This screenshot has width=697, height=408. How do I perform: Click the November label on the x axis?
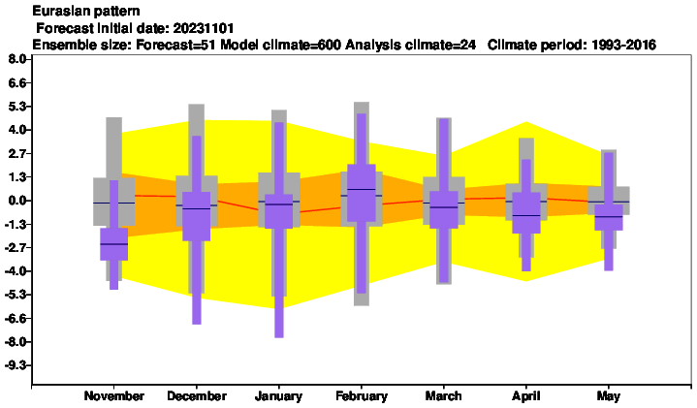click(x=113, y=396)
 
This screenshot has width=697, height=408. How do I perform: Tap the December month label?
click(x=197, y=396)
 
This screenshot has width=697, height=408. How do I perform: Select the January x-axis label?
click(x=279, y=396)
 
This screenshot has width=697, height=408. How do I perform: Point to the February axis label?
click(x=362, y=396)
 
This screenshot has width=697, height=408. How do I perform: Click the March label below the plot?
click(x=443, y=396)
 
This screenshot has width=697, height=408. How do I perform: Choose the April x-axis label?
click(x=525, y=396)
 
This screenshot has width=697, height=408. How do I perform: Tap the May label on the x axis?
click(x=609, y=396)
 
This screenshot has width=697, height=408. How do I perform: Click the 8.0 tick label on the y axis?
click(x=17, y=59)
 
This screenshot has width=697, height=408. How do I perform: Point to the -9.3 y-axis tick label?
click(x=16, y=365)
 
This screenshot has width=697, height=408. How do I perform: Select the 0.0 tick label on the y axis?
click(x=17, y=201)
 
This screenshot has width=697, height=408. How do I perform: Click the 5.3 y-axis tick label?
click(x=17, y=107)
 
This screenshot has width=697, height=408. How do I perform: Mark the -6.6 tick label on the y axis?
click(x=16, y=319)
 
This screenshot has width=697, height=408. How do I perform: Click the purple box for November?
click(x=113, y=244)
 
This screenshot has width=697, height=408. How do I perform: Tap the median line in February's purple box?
click(x=362, y=189)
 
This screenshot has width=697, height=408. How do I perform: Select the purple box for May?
click(x=609, y=217)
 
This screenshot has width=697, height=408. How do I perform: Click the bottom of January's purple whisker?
click(x=279, y=337)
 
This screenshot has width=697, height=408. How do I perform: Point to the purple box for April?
click(x=526, y=212)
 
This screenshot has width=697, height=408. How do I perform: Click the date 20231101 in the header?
click(x=204, y=28)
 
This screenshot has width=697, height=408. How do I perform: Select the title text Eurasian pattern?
click(x=86, y=11)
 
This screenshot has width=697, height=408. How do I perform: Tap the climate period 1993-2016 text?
click(x=623, y=45)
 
